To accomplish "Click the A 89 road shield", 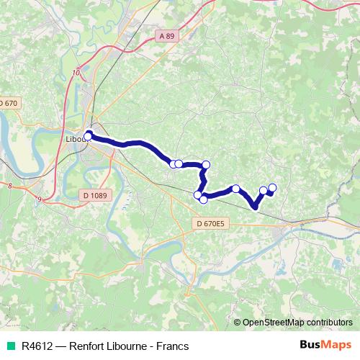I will (168, 36).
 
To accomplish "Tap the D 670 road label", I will (8, 103).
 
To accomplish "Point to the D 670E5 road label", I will (211, 224).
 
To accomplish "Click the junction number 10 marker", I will (76, 72).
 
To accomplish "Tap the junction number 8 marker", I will (10, 186).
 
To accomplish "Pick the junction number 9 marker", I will (39, 198).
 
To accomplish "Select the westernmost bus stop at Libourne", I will (89, 135).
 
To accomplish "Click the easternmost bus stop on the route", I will (272, 188).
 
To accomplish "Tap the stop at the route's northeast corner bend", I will (206, 165).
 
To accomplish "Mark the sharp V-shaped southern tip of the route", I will (256, 208).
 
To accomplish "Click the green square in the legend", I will (9, 346).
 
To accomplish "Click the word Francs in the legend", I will (173, 346).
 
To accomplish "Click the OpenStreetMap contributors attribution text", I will (298, 323).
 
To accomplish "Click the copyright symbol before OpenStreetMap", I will (238, 323).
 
